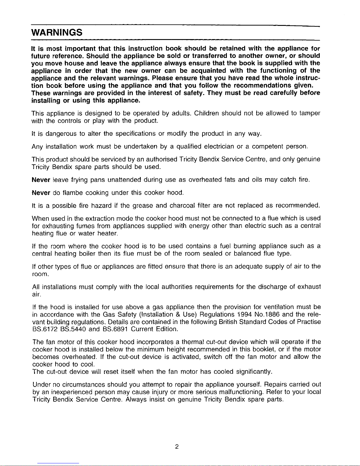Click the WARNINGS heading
click(x=57, y=32)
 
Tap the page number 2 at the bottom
click(x=176, y=447)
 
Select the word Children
click(x=207, y=113)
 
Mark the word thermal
click(x=193, y=342)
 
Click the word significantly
click(x=254, y=372)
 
